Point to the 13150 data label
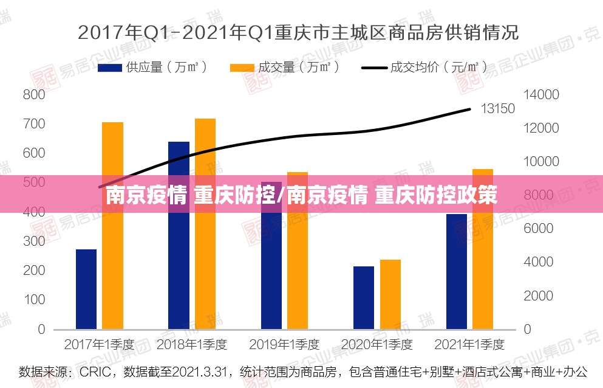497,109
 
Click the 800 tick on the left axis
33,95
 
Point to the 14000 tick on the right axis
541,95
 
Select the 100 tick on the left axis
33,300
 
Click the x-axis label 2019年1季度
284,344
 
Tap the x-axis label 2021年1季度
469,344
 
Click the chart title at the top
298,32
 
